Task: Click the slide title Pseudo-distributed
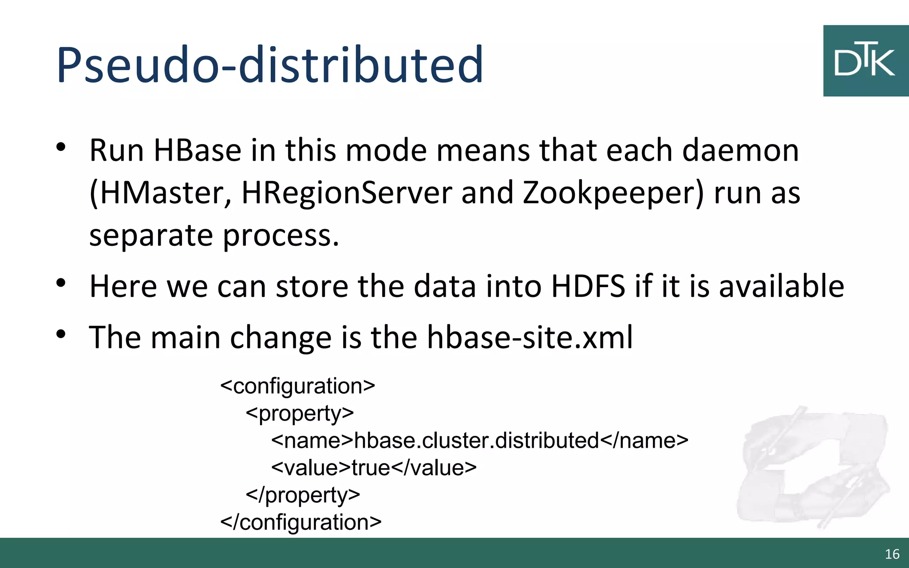[269, 65]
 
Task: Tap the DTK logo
[866, 61]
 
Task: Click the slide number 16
[892, 554]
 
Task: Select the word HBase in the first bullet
[198, 150]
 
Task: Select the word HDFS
[588, 286]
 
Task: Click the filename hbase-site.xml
[530, 337]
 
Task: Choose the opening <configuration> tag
[298, 386]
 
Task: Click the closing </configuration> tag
[301, 522]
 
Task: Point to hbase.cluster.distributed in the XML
[477, 441]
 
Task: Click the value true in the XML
[371, 468]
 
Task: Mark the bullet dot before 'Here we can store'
[61, 283]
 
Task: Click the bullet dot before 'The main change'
[61, 334]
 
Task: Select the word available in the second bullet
[781, 286]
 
